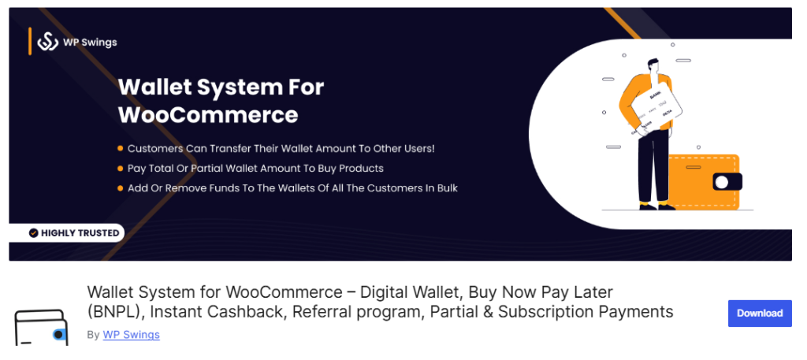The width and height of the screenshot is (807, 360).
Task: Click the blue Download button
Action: pos(760,313)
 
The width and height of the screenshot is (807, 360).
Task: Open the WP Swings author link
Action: pos(131,335)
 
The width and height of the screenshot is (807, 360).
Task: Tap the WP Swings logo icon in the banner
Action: pos(49,42)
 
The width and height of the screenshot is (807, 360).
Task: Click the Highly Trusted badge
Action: pos(73,233)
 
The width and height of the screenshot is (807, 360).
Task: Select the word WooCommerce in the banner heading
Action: pos(208,115)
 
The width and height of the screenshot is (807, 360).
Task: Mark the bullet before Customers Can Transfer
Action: pos(120,148)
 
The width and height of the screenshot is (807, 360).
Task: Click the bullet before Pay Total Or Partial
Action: pos(120,168)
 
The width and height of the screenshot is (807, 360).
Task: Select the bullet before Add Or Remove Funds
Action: pos(120,188)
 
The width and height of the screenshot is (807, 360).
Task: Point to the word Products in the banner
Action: pos(361,168)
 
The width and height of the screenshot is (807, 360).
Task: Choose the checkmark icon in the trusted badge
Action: pos(33,233)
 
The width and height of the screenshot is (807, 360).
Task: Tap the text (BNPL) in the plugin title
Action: pos(115,312)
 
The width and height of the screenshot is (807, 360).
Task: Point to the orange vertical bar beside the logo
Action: pos(30,41)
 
